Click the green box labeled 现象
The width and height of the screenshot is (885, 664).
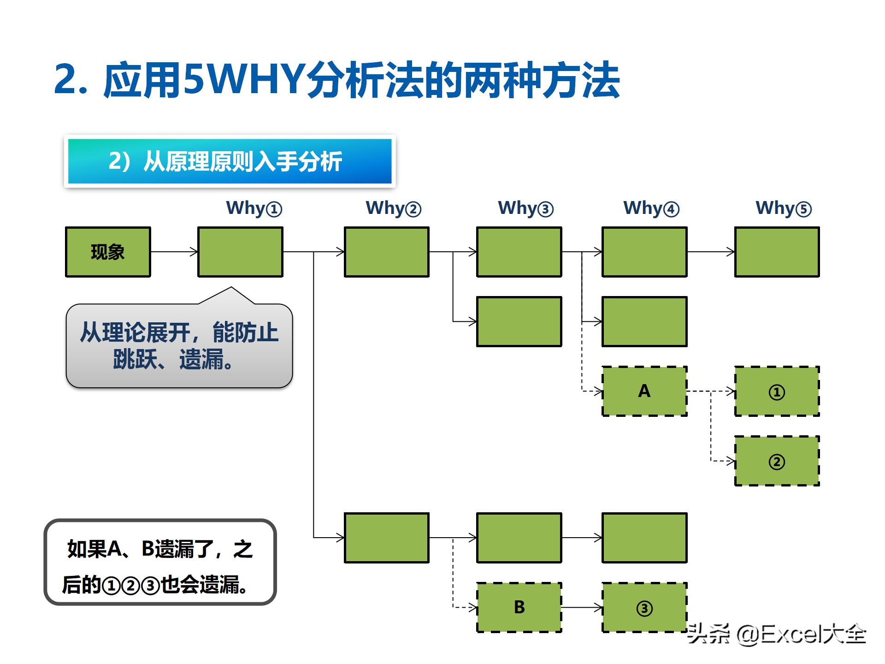pyautogui.click(x=108, y=252)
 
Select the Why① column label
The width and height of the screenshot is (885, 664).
pyautogui.click(x=254, y=208)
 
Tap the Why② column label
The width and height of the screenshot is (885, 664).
pyautogui.click(x=393, y=208)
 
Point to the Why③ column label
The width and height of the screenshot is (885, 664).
pyautogui.click(x=525, y=208)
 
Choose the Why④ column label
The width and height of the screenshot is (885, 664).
pyautogui.click(x=651, y=208)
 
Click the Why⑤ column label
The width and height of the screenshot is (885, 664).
pyautogui.click(x=783, y=208)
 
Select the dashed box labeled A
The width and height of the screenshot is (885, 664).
pyautogui.click(x=644, y=391)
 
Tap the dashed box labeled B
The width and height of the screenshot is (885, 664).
pyautogui.click(x=519, y=607)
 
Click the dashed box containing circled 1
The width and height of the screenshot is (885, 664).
pyautogui.click(x=777, y=391)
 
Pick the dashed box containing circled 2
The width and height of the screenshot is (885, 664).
pyautogui.click(x=777, y=461)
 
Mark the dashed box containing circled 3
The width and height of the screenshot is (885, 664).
pyautogui.click(x=644, y=607)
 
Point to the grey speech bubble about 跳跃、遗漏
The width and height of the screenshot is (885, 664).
pyautogui.click(x=179, y=345)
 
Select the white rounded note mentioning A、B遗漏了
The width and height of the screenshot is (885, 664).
pyautogui.click(x=160, y=562)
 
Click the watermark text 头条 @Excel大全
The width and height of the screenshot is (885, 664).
pyautogui.click(x=776, y=634)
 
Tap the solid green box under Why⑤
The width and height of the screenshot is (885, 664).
pyautogui.click(x=777, y=252)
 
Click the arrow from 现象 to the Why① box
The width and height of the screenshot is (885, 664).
pyautogui.click(x=174, y=252)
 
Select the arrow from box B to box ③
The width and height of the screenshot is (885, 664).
pyautogui.click(x=582, y=607)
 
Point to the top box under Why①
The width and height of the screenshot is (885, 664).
pyautogui.click(x=240, y=252)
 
